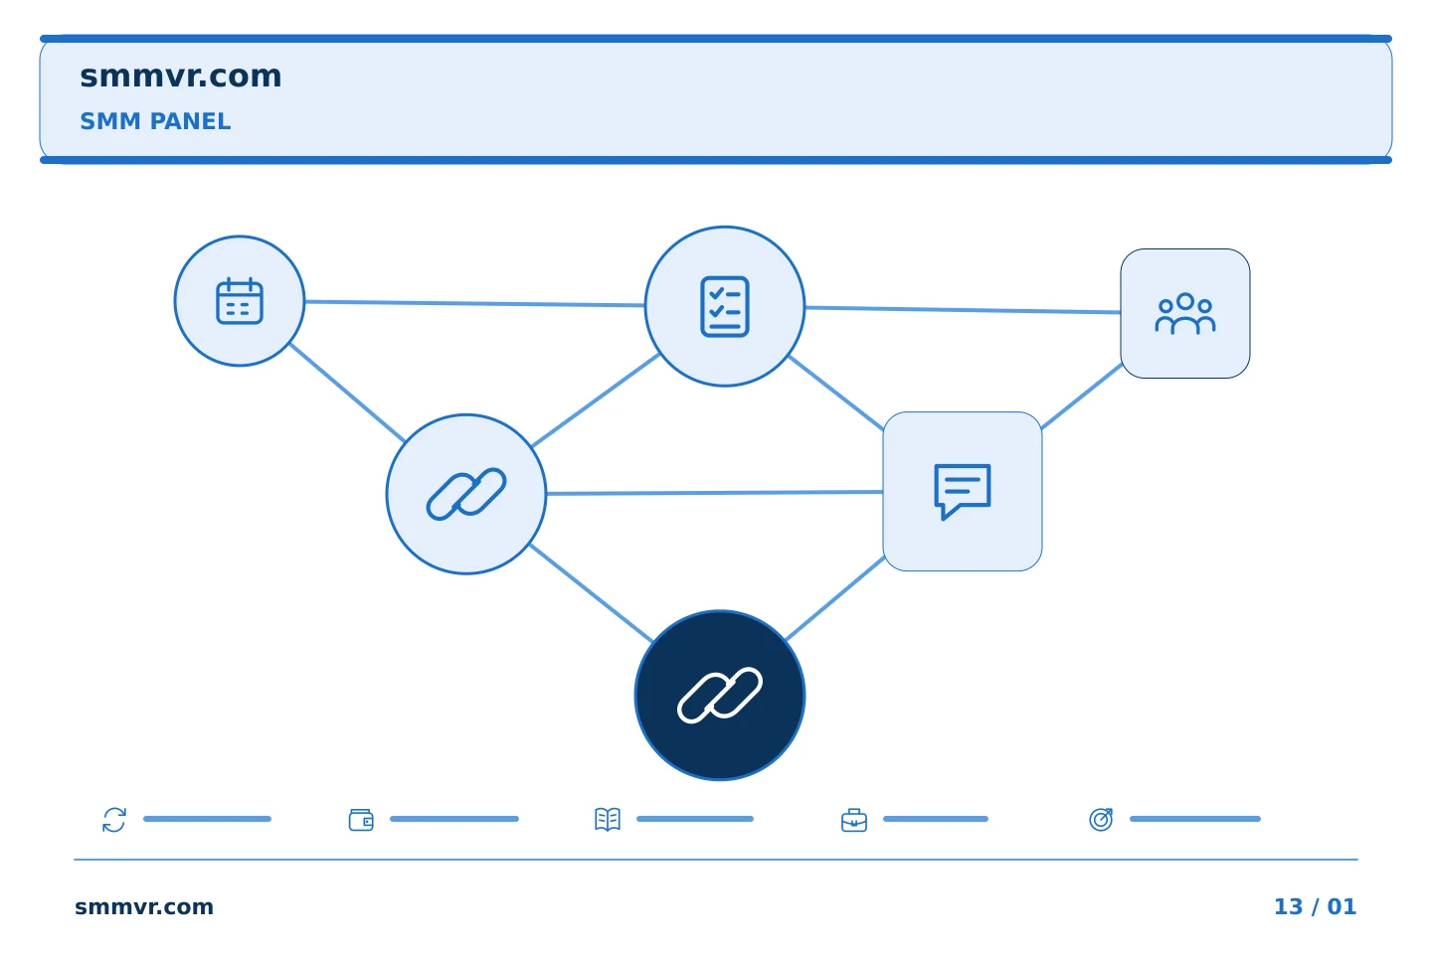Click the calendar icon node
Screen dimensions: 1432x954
(240, 301)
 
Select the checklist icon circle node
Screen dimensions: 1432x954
(724, 306)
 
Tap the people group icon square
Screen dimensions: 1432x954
(1185, 314)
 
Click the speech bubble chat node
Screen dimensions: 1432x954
(963, 491)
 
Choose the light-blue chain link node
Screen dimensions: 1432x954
(466, 494)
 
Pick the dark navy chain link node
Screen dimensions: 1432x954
(720, 696)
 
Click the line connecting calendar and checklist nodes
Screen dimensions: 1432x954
(474, 303)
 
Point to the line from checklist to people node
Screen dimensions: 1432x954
(963, 310)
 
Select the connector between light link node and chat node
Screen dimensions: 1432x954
(715, 493)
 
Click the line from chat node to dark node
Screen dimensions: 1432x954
(835, 598)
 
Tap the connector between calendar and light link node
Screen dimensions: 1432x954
(347, 393)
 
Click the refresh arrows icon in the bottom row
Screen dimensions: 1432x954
(114, 819)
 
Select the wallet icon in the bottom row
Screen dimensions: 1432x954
(361, 820)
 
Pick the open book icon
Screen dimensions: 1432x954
(608, 819)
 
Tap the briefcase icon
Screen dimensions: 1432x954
(854, 820)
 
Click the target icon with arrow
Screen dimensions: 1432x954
(1101, 819)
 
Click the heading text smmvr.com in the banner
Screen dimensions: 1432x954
(180, 77)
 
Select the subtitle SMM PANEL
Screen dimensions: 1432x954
(155, 121)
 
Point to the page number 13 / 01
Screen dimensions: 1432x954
(1315, 906)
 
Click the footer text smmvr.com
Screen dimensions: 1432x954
(144, 906)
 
